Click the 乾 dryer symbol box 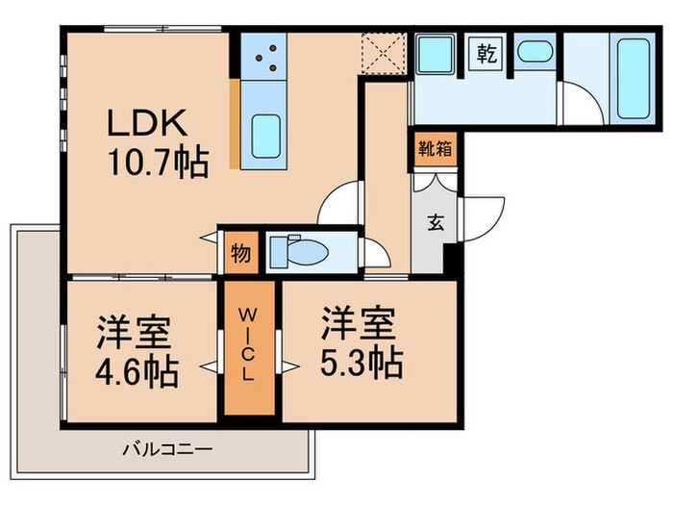click(x=485, y=53)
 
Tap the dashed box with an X click(x=381, y=54)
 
